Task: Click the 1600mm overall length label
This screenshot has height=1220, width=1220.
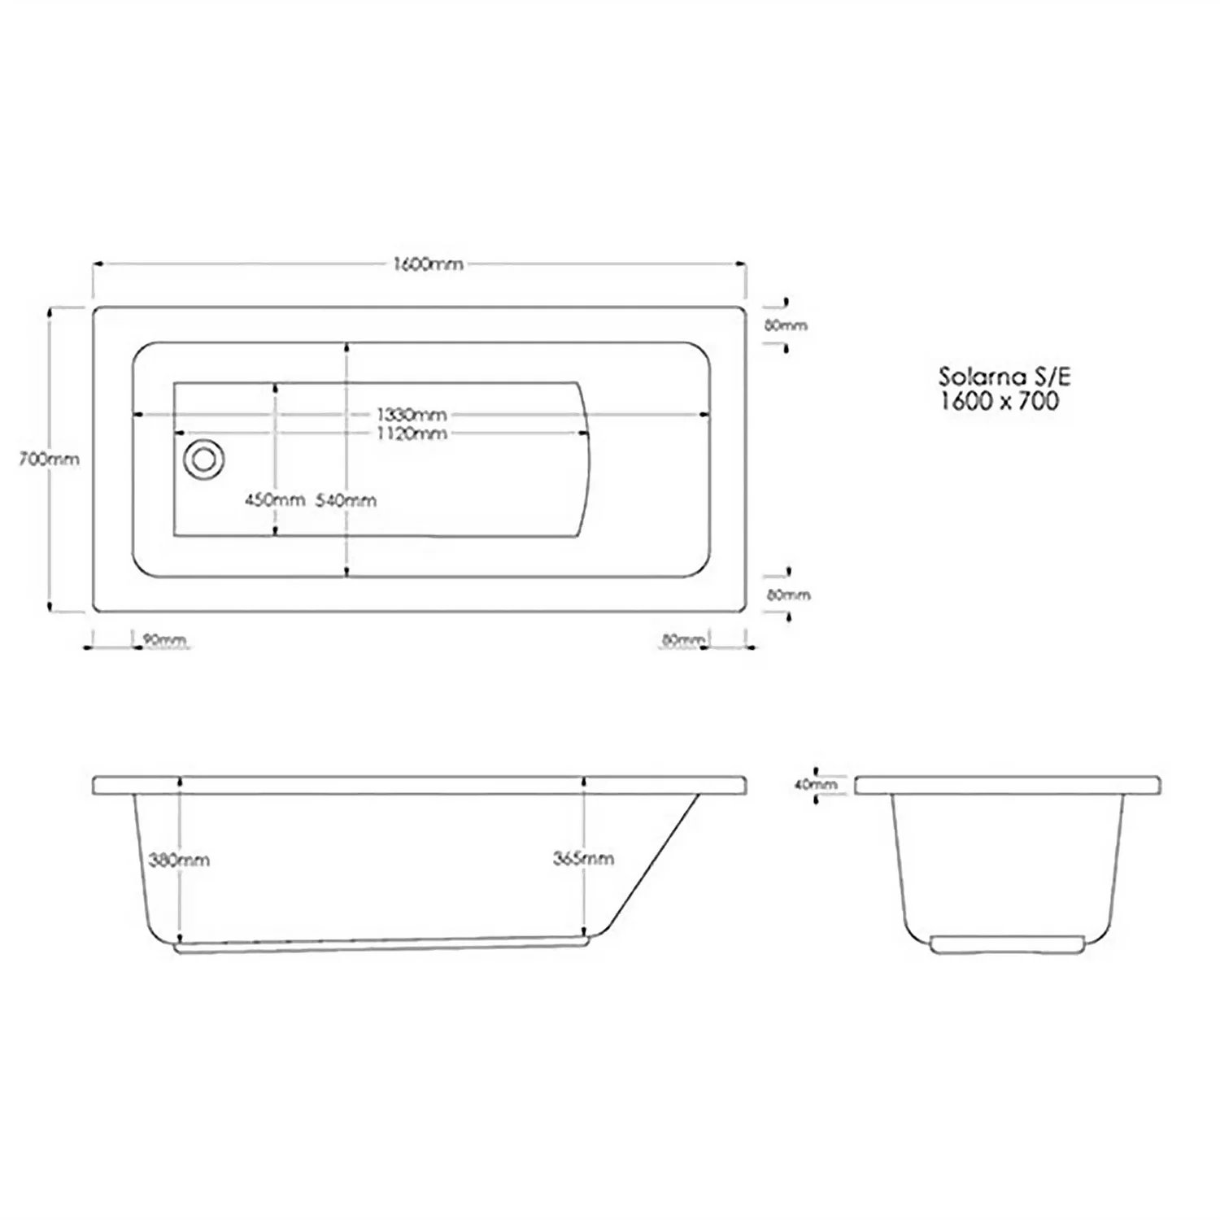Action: (x=428, y=264)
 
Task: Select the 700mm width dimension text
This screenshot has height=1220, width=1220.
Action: (x=49, y=459)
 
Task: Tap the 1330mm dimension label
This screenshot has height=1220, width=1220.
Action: (x=411, y=415)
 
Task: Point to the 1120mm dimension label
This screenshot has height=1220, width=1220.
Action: (x=411, y=434)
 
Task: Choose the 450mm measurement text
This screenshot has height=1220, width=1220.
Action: (x=275, y=500)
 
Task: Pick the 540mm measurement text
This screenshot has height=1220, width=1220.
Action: (x=346, y=500)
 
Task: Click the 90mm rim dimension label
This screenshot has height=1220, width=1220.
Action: (x=164, y=640)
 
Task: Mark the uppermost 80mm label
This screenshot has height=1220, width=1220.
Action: (x=786, y=325)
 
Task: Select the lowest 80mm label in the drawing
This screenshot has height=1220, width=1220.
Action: (x=682, y=640)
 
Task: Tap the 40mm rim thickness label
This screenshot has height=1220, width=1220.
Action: (x=815, y=785)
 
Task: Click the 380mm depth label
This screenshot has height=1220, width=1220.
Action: (x=179, y=860)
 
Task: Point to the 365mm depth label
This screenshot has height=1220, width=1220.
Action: (x=583, y=858)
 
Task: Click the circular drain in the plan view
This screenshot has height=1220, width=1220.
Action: (x=203, y=460)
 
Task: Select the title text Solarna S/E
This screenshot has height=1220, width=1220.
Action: (x=1004, y=377)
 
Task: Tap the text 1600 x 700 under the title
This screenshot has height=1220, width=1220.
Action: (x=1000, y=401)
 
